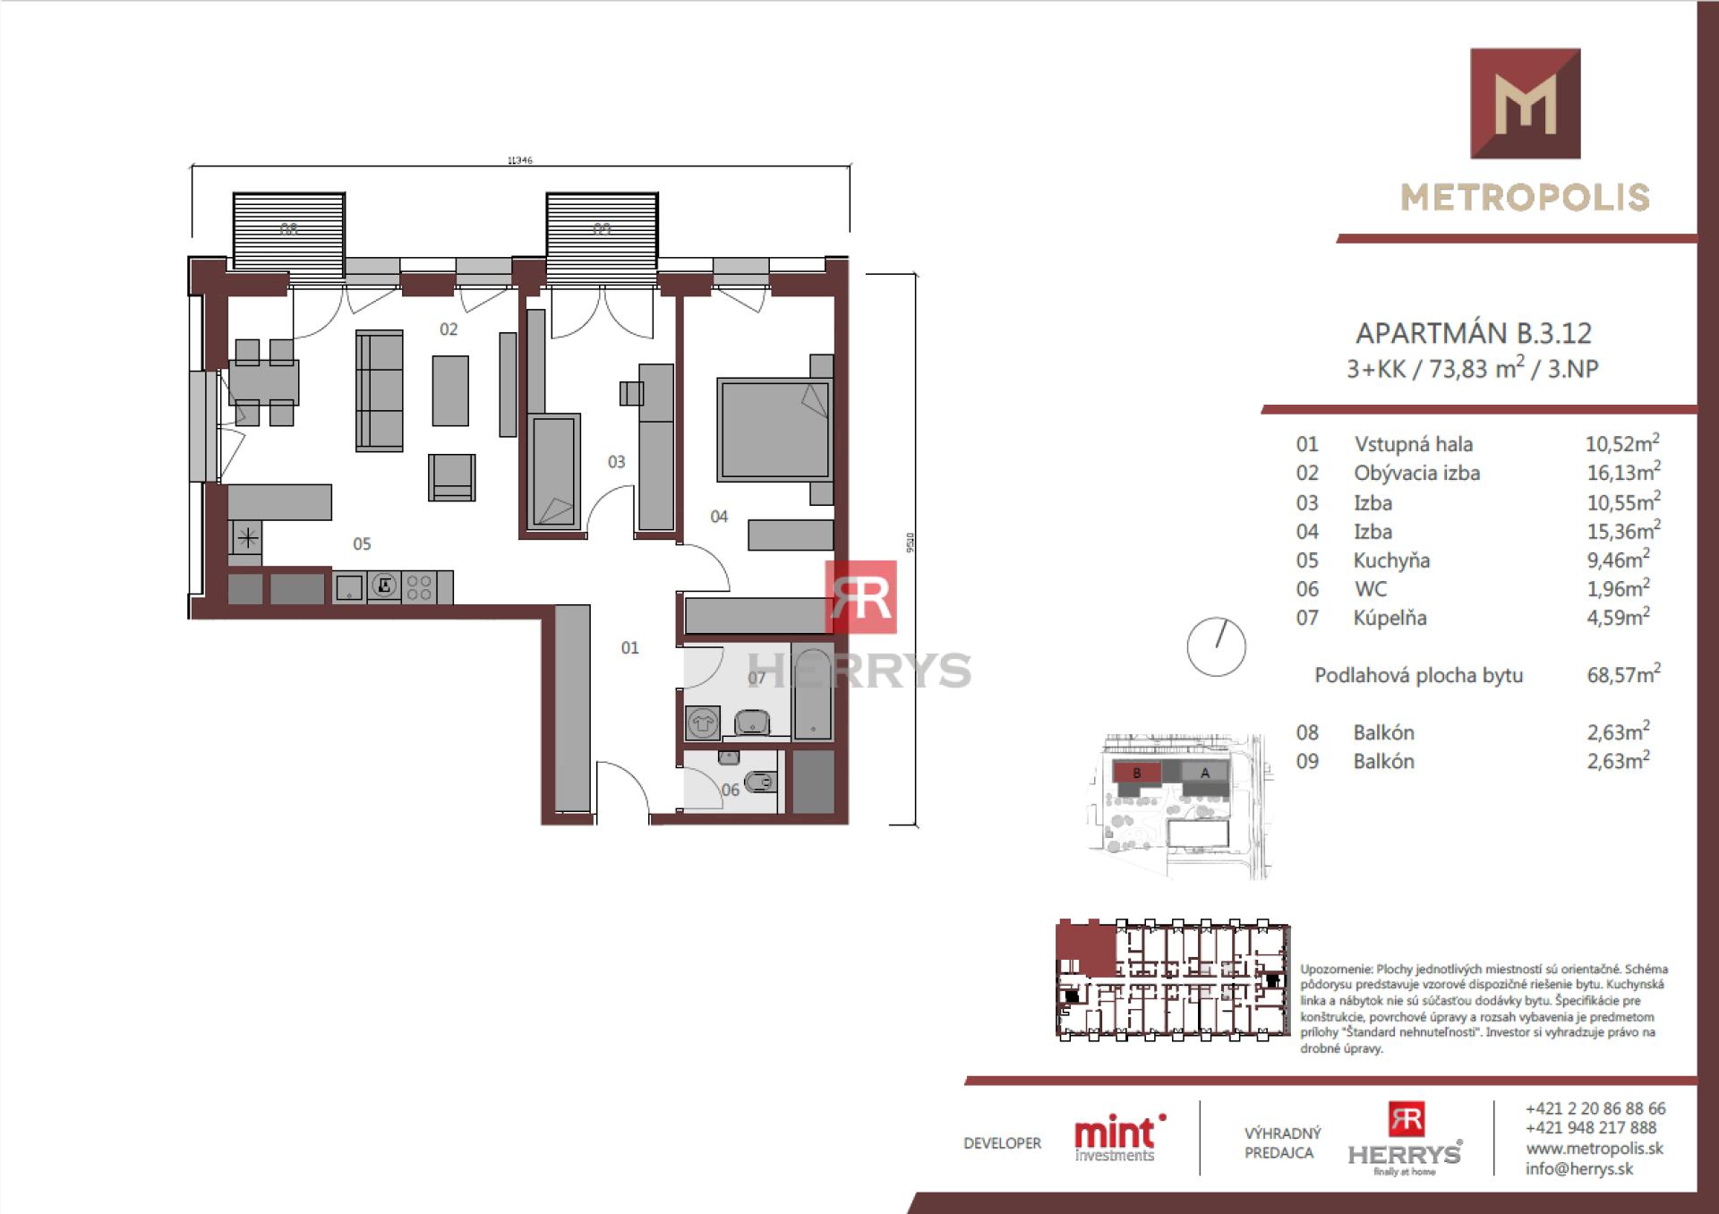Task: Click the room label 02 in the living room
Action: (x=449, y=329)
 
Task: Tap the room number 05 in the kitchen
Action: (x=362, y=543)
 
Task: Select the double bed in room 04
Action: (x=774, y=430)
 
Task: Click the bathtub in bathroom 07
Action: (x=813, y=692)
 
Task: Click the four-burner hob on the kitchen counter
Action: (x=419, y=587)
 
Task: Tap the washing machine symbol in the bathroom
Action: (x=703, y=722)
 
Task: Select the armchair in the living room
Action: (x=452, y=476)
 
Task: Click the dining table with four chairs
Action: (x=263, y=381)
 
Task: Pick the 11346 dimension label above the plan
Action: (x=519, y=160)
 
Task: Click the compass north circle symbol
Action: (x=1216, y=646)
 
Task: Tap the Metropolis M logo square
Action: (x=1525, y=104)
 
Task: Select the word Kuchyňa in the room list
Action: (x=1391, y=560)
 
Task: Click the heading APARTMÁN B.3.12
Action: (x=1474, y=333)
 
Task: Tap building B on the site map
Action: (x=1136, y=773)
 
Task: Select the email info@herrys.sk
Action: (x=1579, y=1168)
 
